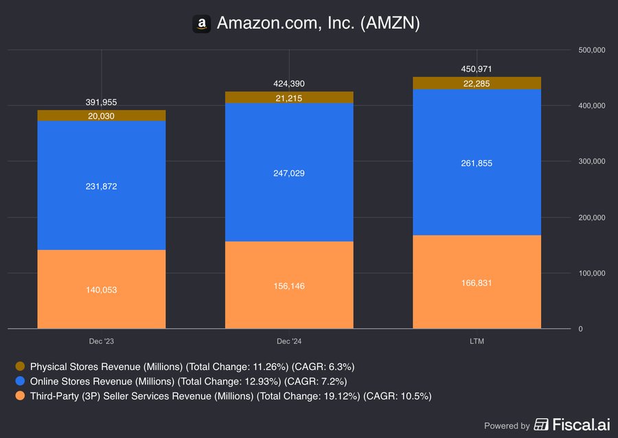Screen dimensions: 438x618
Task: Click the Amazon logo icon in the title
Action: [x=201, y=23]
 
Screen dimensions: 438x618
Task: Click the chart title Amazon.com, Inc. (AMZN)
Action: [x=318, y=23]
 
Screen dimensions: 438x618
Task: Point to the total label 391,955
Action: [x=102, y=102]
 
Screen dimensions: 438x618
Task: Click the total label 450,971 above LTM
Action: [x=477, y=69]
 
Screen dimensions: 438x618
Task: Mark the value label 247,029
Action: [x=289, y=173]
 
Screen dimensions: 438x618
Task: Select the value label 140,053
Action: [x=102, y=290]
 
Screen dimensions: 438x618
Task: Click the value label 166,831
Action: [x=477, y=283]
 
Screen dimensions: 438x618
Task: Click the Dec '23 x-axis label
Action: [x=102, y=341]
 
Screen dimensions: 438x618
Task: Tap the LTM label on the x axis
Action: [x=477, y=341]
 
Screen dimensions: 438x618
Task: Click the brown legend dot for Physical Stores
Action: [x=20, y=367]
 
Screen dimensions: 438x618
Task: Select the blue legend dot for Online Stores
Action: [x=20, y=381]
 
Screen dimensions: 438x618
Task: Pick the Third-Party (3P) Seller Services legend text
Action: [x=231, y=395]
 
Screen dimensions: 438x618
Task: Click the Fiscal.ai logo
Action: [x=571, y=425]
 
